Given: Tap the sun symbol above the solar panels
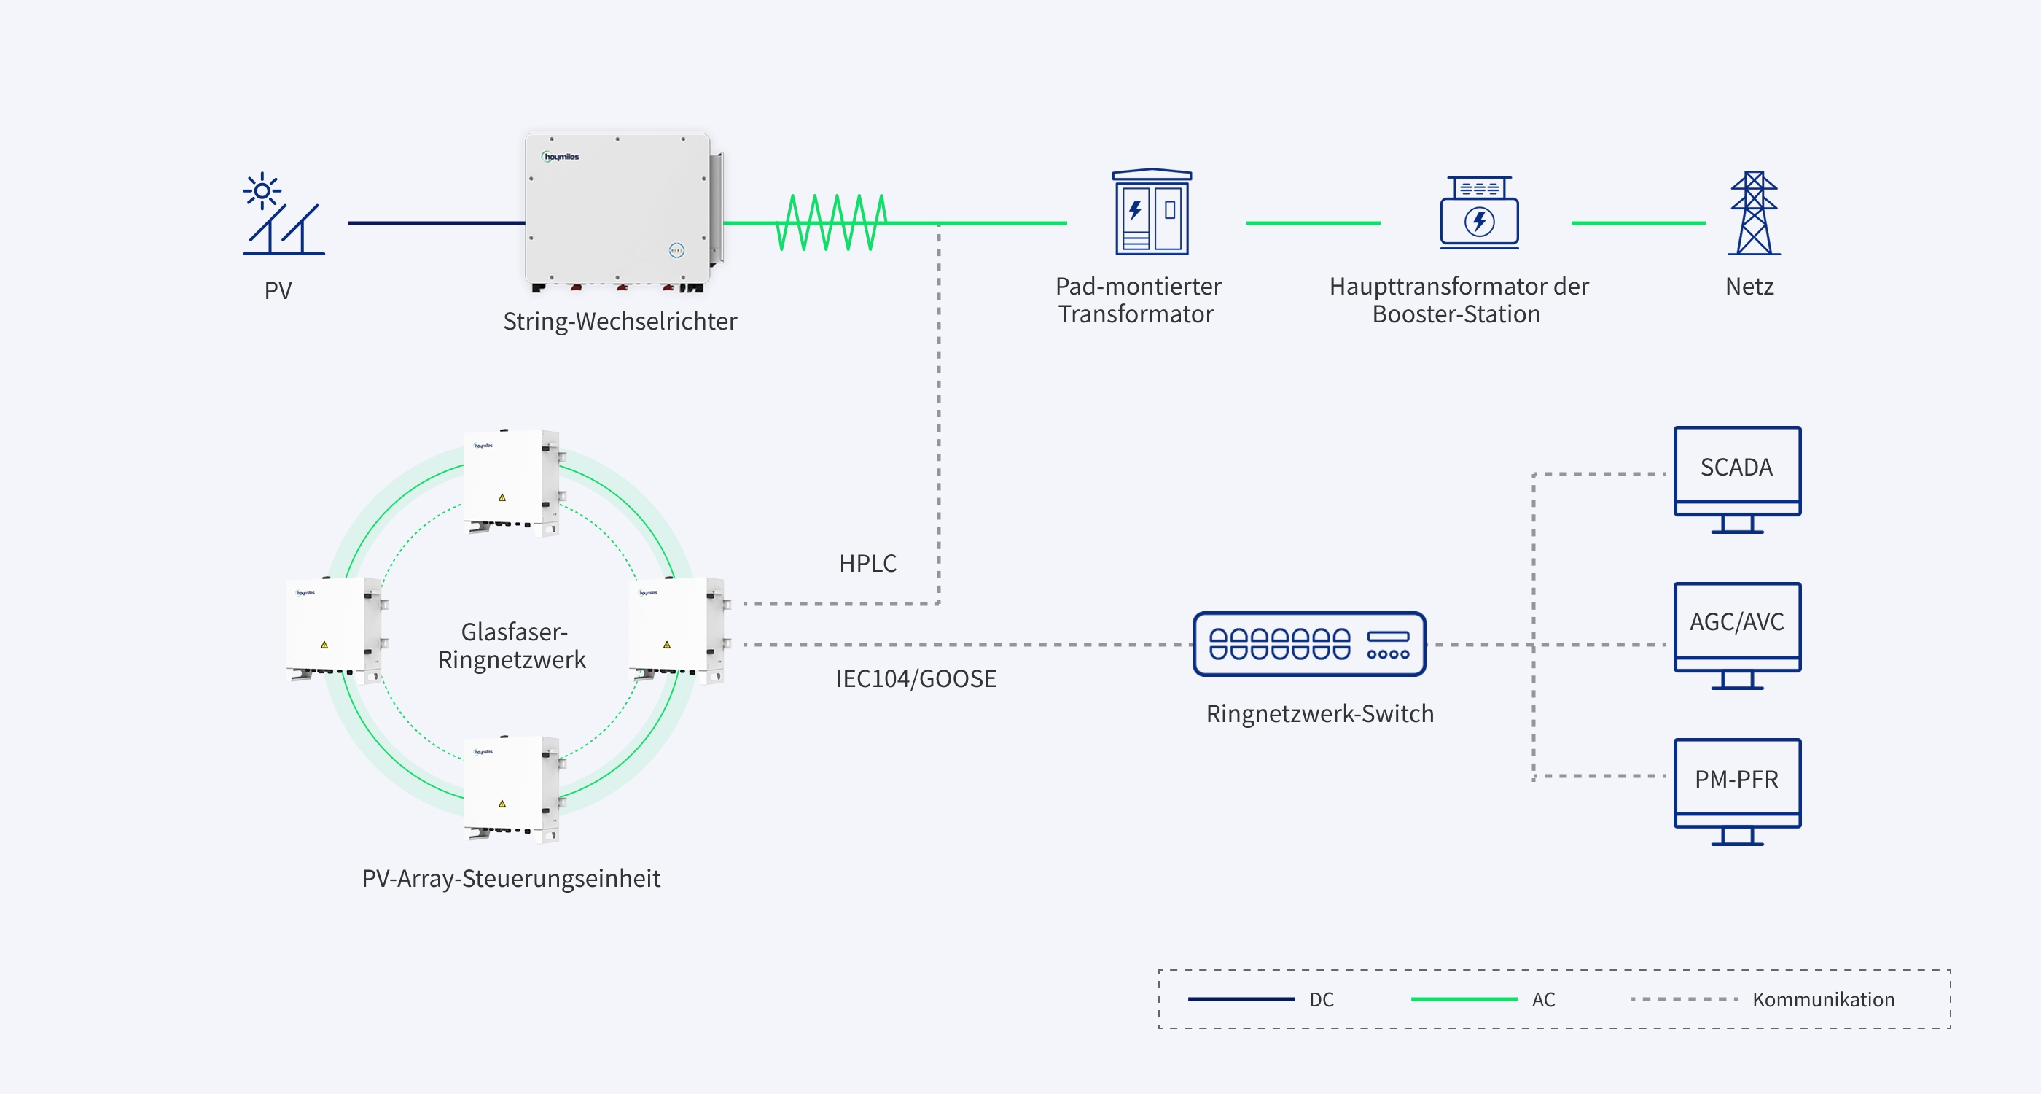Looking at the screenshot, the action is pyautogui.click(x=262, y=191).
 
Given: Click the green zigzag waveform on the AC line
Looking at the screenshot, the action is pyautogui.click(x=831, y=222).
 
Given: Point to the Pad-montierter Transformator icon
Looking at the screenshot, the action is pyautogui.click(x=1152, y=211).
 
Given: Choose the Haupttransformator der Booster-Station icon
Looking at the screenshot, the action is pyautogui.click(x=1479, y=212).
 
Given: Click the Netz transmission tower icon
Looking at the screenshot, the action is pyautogui.click(x=1755, y=212).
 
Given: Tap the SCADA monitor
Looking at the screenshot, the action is pyautogui.click(x=1737, y=480).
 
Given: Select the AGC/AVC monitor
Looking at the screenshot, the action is pyautogui.click(x=1737, y=636).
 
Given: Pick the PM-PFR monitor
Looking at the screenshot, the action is pyautogui.click(x=1737, y=792).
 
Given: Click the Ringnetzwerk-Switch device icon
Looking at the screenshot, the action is pyautogui.click(x=1309, y=644).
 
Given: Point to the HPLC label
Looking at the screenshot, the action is pyautogui.click(x=867, y=563).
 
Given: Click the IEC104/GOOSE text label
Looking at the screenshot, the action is pyautogui.click(x=916, y=678).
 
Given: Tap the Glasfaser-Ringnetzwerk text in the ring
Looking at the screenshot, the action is pyautogui.click(x=512, y=645).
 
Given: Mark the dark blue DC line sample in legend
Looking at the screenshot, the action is pyautogui.click(x=1241, y=999).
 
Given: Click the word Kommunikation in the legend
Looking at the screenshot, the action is pyautogui.click(x=1823, y=1000).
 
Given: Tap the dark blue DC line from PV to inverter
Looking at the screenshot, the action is pyautogui.click(x=437, y=222).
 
